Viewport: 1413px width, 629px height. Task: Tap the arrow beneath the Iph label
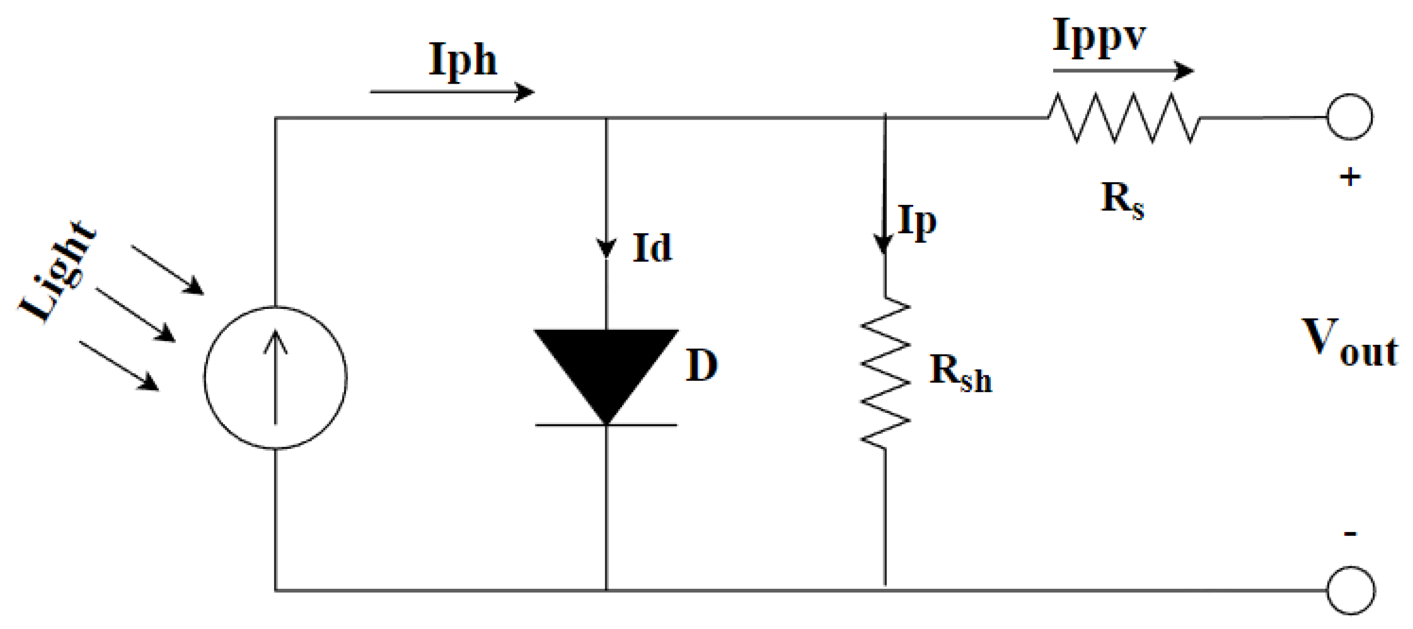pyautogui.click(x=452, y=92)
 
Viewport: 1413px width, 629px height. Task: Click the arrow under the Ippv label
pyautogui.click(x=1122, y=71)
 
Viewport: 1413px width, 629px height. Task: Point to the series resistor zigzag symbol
pyautogui.click(x=1123, y=118)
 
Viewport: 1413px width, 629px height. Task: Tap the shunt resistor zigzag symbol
pyautogui.click(x=885, y=373)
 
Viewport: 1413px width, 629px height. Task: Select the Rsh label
pyautogui.click(x=960, y=373)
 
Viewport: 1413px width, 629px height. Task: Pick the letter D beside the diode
pyautogui.click(x=701, y=365)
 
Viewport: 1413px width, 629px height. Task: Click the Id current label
pyautogui.click(x=651, y=248)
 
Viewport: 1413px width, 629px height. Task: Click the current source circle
pyautogui.click(x=275, y=378)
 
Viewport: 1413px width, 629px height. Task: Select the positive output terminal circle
pyautogui.click(x=1349, y=117)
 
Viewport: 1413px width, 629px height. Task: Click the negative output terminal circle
pyautogui.click(x=1350, y=590)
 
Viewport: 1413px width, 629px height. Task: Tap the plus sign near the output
pyautogui.click(x=1350, y=177)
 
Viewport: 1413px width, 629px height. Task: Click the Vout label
pyautogui.click(x=1349, y=343)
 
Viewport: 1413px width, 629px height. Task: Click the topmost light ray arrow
pyautogui.click(x=167, y=270)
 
